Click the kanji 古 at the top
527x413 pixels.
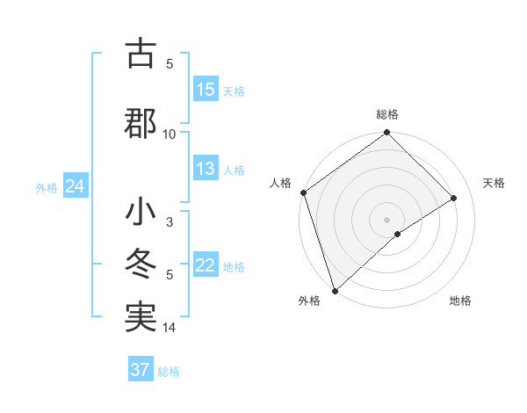pos(141,54)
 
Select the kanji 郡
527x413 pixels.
pos(141,122)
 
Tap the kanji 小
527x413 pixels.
pos(141,214)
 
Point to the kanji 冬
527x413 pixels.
pos(141,264)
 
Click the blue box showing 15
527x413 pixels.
pos(206,90)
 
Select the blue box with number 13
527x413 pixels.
pos(206,169)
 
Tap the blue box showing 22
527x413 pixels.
pos(206,265)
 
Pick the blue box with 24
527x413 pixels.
pos(75,186)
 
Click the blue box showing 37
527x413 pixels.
pos(141,370)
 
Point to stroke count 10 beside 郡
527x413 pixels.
pos(170,134)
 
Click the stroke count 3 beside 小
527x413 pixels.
pos(170,222)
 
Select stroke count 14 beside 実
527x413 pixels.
pos(170,328)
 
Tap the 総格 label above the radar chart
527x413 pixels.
pos(387,114)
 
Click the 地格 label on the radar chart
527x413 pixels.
pos(460,301)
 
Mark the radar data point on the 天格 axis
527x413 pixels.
pos(454,199)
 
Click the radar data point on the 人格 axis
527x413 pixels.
pos(303,192)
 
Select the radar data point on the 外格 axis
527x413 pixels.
pos(334,289)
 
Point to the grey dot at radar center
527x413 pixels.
pos(386,219)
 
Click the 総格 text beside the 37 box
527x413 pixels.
pos(169,372)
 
